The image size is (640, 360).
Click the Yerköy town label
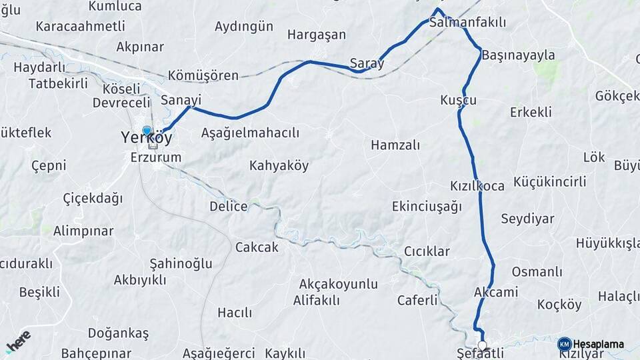[146, 138]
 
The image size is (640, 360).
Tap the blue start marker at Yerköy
[147, 131]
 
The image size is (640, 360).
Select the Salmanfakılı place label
[467, 23]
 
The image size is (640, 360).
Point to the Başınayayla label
[518, 55]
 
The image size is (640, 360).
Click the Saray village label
[367, 64]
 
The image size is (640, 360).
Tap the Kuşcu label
[458, 100]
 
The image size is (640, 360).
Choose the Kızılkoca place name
[477, 186]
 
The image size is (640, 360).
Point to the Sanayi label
[181, 100]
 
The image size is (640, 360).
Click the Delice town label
[228, 206]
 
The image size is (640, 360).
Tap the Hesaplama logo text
[599, 345]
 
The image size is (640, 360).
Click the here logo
[18, 342]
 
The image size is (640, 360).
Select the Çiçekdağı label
[93, 198]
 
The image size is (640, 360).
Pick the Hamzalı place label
[395, 145]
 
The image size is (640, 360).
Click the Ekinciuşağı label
[427, 206]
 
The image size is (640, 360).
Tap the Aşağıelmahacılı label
[250, 133]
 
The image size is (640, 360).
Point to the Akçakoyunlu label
[338, 285]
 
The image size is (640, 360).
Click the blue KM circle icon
[564, 344]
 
